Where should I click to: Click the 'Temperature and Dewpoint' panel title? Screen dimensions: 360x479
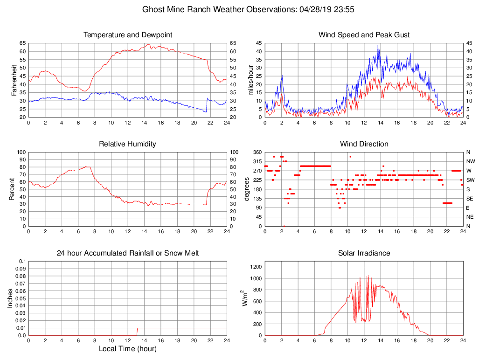(127, 35)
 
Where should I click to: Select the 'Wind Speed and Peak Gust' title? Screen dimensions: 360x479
(364, 35)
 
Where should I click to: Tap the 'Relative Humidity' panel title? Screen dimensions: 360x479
(127, 144)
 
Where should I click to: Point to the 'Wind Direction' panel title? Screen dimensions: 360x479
(364, 144)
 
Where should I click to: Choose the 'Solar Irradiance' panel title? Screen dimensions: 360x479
(364, 253)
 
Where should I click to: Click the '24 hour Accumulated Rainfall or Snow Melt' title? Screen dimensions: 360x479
(127, 253)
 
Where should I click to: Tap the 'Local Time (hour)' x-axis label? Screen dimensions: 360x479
(127, 349)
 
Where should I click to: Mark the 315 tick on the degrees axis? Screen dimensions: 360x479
(257, 161)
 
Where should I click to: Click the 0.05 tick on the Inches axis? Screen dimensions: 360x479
(21, 298)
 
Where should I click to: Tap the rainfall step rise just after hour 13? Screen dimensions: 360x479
(137, 332)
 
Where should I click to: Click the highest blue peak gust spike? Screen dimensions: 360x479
(378, 45)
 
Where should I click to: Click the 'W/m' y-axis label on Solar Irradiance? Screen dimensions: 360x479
(244, 298)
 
